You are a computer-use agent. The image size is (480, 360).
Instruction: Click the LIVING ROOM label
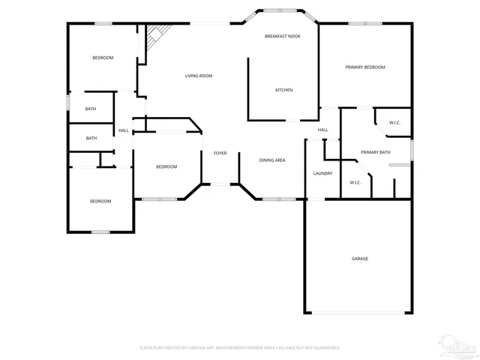pos(199,76)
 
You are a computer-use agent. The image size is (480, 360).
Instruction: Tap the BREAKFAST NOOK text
pos(283,36)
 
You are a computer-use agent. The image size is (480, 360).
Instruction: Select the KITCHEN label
pos(283,90)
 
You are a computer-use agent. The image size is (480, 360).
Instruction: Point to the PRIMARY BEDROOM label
pos(365,67)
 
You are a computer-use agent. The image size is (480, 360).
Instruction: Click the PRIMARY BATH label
pos(375,152)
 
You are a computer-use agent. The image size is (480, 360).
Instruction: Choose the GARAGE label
pos(360,259)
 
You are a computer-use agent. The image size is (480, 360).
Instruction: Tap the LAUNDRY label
pos(322,173)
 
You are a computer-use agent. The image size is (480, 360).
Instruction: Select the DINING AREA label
pos(271,160)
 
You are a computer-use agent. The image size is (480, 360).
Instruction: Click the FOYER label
pos(220,153)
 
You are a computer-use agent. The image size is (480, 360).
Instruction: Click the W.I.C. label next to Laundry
pos(355,182)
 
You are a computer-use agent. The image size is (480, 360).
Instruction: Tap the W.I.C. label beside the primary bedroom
pos(394,122)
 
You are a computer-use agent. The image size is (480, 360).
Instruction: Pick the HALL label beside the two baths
pos(123,130)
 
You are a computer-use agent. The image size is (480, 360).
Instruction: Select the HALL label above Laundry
pos(322,130)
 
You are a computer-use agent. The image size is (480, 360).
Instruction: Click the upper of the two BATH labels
pos(91,109)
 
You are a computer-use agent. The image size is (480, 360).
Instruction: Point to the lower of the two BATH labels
pos(91,138)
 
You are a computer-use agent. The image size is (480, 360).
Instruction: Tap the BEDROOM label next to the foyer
pos(166,166)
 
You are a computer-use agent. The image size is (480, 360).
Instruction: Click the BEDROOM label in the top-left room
pos(103,58)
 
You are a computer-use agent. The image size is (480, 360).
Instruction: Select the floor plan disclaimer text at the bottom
pos(240,348)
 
